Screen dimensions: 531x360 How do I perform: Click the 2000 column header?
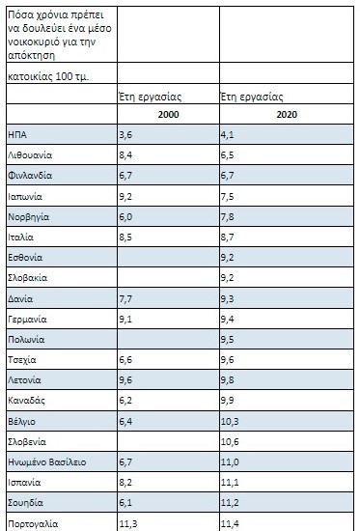point(166,114)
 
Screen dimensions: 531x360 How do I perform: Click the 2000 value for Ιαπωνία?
point(125,197)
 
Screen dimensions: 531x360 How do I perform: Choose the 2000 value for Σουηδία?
point(125,503)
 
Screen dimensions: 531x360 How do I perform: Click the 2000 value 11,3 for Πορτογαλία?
point(127,523)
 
